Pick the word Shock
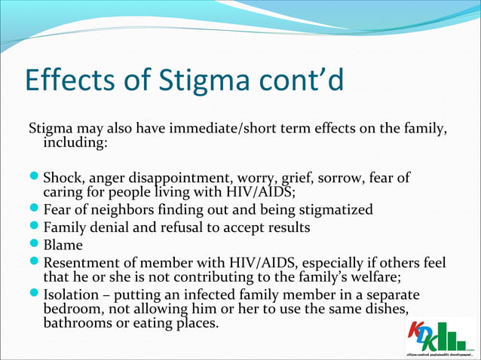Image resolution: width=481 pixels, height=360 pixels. click(62, 178)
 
